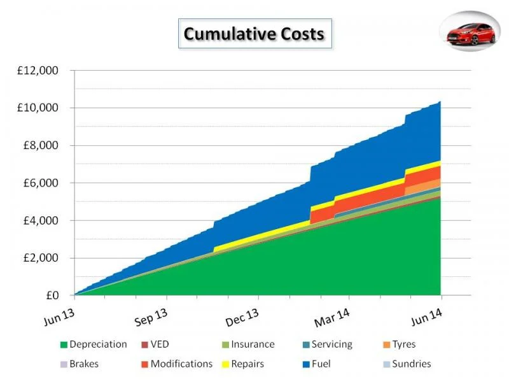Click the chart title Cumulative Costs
(254, 34)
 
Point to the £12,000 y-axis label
(38, 70)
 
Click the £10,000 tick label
(38, 108)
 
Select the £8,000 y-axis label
(41, 145)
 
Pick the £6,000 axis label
(41, 183)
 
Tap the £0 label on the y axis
(52, 295)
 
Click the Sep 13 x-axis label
(151, 317)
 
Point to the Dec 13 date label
(242, 317)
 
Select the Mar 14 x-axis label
(332, 318)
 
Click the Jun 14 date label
(427, 316)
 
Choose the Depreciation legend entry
(94, 344)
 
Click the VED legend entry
(155, 344)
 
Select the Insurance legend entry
(248, 344)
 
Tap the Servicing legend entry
(328, 344)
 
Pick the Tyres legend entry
(400, 344)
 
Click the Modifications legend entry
(177, 364)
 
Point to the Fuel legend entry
(316, 364)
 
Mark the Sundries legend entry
(407, 364)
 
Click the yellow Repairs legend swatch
(226, 364)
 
